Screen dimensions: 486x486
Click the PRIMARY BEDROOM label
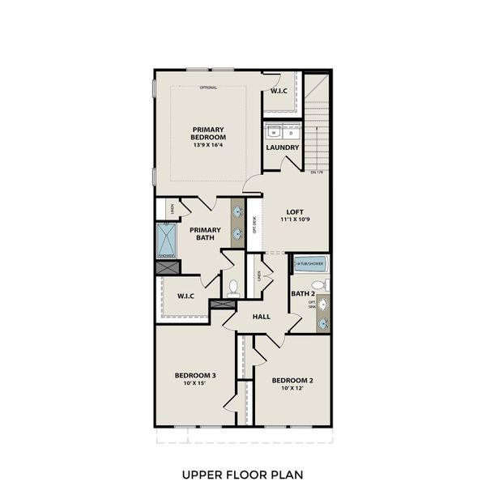(208, 134)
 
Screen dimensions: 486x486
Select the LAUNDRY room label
(283, 147)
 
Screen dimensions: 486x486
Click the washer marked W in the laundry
(274, 130)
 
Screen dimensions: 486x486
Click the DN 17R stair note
(317, 172)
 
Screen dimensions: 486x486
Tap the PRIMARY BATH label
(205, 234)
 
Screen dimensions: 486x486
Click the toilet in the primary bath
(233, 288)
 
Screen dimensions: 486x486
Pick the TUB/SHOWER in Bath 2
(309, 263)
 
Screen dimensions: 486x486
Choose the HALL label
(261, 317)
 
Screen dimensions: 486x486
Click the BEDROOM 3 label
(195, 375)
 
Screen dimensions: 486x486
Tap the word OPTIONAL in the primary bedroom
(208, 87)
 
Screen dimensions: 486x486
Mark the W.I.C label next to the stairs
(279, 91)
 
